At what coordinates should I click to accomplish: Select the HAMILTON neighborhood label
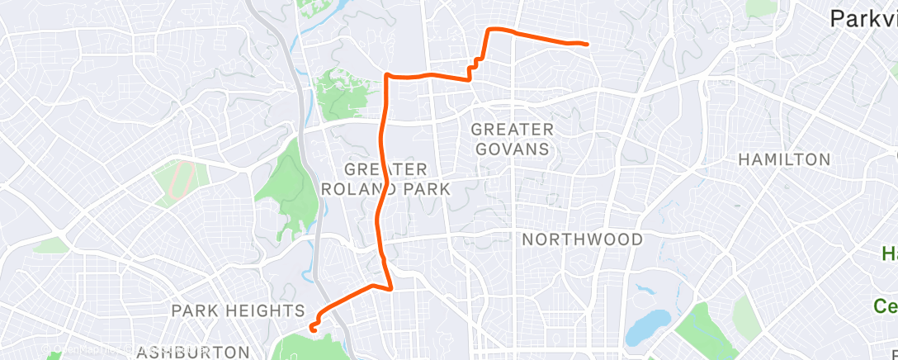783,159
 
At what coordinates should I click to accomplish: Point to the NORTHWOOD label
583,239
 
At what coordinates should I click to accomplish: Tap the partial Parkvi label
863,18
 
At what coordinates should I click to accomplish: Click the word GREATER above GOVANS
512,130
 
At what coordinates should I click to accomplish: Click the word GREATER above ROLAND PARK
385,169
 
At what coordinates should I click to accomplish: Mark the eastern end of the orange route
586,43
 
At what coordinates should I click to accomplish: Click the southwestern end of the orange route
313,329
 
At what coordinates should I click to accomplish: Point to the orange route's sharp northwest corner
386,75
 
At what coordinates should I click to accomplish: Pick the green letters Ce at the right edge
886,306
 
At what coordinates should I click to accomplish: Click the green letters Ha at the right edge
888,253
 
